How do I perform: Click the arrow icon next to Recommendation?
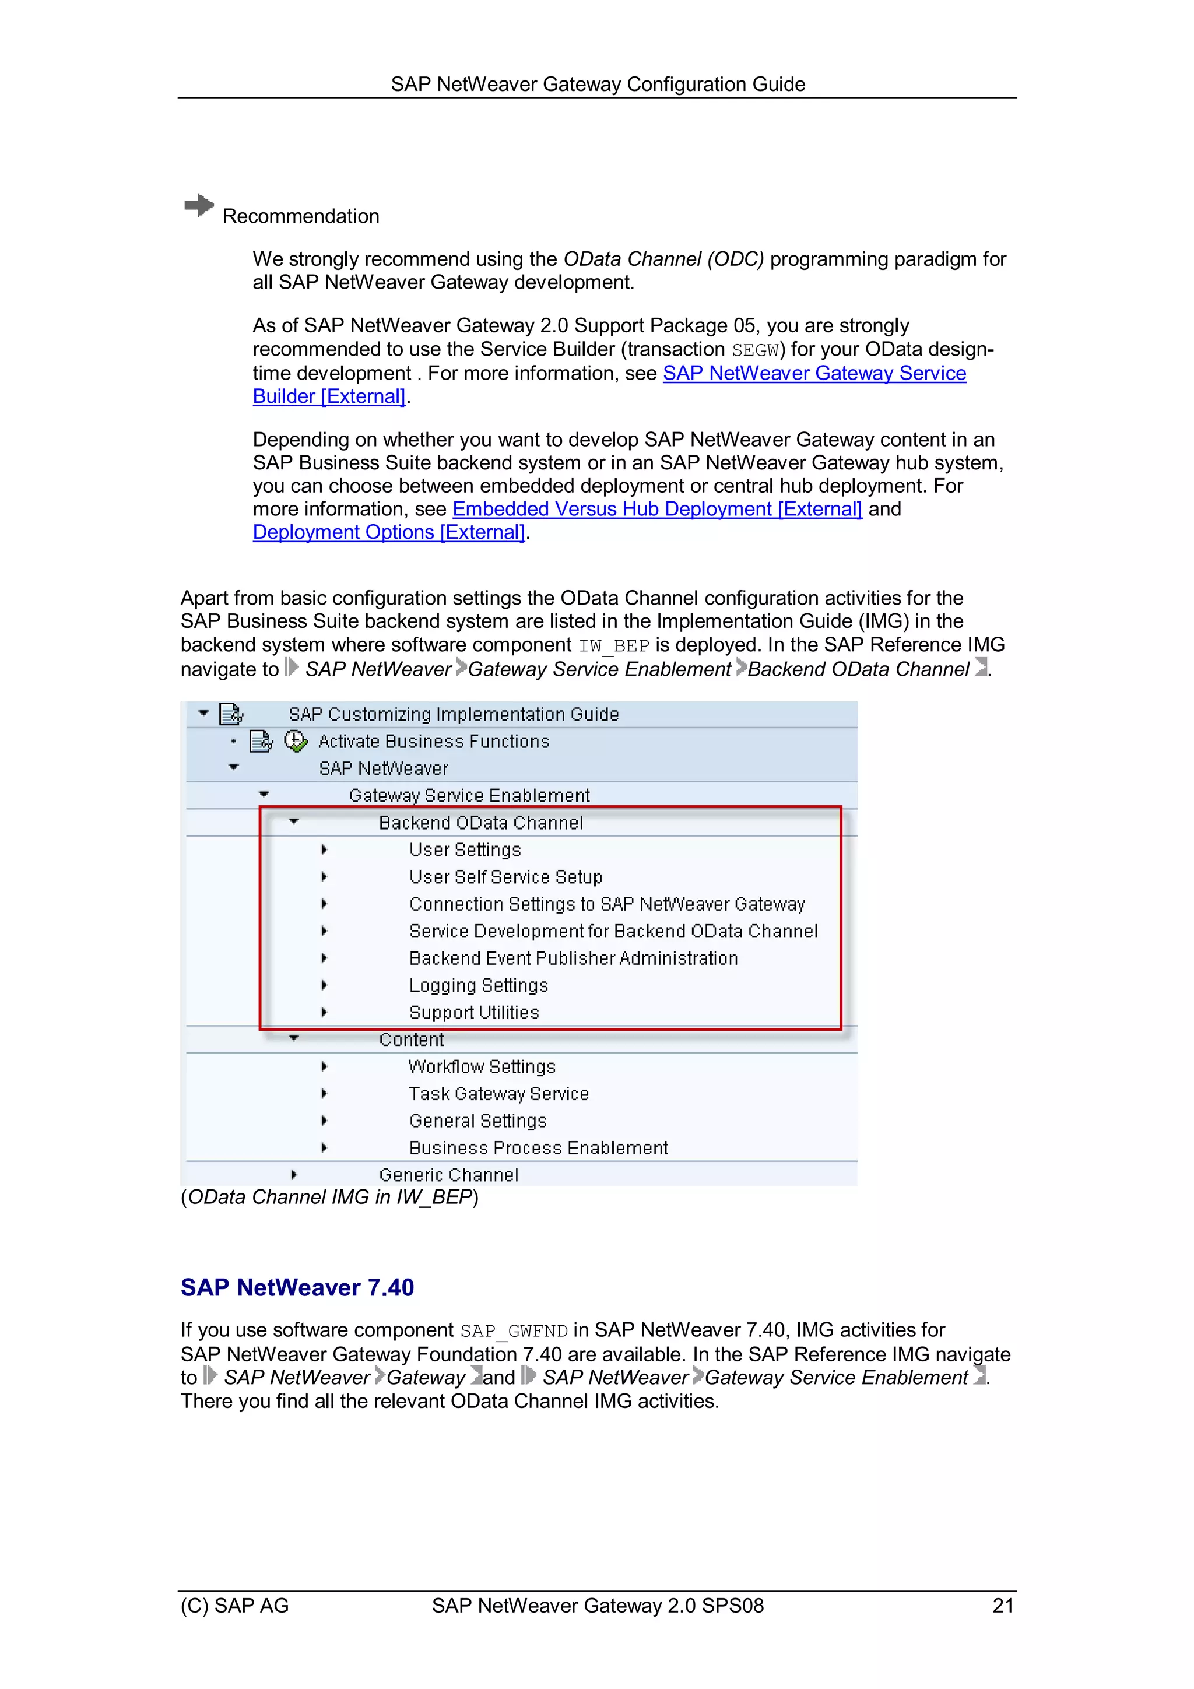[x=199, y=205]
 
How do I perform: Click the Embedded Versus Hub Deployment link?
[x=656, y=509]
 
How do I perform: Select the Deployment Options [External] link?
[x=388, y=533]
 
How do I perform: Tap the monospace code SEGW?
[x=755, y=350]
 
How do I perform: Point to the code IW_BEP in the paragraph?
[x=613, y=646]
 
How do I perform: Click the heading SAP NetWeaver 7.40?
[x=297, y=1287]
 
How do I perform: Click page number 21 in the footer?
[x=1003, y=1606]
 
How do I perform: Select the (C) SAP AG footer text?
[x=235, y=1606]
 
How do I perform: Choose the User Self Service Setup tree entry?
[x=505, y=877]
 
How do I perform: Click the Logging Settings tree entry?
[x=478, y=985]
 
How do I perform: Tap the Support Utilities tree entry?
[x=474, y=1012]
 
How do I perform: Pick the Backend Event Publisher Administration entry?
[x=573, y=958]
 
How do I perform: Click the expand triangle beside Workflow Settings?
[x=324, y=1067]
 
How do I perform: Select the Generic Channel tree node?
[x=448, y=1175]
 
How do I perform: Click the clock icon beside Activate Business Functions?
[x=295, y=741]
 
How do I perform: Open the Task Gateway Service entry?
[x=499, y=1094]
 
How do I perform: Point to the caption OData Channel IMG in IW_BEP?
[x=329, y=1198]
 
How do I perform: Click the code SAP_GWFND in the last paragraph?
[x=514, y=1332]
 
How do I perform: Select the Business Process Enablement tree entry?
[x=538, y=1147]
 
